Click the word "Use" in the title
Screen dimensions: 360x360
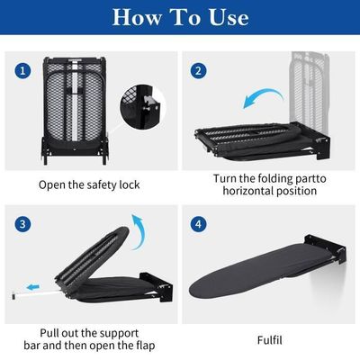coord(229,17)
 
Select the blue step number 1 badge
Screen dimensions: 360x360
coord(22,71)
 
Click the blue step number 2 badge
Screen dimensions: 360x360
coord(198,71)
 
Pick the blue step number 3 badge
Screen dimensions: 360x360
coord(22,224)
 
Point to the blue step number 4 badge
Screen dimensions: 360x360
coord(198,224)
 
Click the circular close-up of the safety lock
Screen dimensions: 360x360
coord(142,107)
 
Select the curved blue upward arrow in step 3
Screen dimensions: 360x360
coord(139,231)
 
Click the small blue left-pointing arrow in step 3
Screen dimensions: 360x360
coord(33,288)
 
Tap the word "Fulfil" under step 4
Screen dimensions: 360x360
coord(270,340)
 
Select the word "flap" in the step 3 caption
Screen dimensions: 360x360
coord(144,346)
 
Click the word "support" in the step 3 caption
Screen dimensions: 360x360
coord(119,334)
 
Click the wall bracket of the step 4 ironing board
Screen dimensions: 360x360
coord(326,250)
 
